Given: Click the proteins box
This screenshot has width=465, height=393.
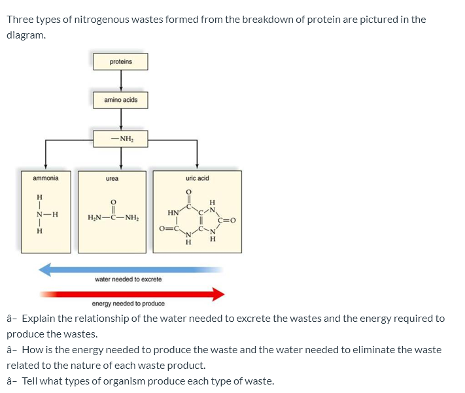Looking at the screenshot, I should [x=120, y=61].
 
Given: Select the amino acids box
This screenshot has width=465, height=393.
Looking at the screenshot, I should [x=120, y=100].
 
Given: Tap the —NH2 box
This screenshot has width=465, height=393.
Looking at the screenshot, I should [x=120, y=138].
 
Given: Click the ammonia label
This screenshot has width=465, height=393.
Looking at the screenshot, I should [x=46, y=178].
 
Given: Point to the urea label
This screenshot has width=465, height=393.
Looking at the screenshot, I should [x=112, y=178].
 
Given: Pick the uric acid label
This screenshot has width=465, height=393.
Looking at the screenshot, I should [x=197, y=178].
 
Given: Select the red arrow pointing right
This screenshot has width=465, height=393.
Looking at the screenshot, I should [x=131, y=294].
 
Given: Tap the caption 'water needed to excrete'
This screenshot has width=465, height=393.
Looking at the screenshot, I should [x=128, y=279].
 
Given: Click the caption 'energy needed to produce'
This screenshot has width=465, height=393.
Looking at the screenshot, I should [x=128, y=304].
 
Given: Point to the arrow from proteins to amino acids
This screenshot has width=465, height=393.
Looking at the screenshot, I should [x=120, y=80].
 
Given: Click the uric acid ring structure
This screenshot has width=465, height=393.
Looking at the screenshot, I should [x=196, y=219].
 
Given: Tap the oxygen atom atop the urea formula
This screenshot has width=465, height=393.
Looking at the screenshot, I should [x=112, y=202].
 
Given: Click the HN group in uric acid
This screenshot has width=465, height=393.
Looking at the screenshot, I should [x=173, y=213].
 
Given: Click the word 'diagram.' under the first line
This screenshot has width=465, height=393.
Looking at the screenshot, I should [x=26, y=35].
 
